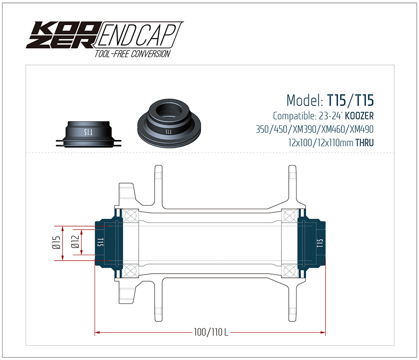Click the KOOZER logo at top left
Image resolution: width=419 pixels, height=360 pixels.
pos(61,35)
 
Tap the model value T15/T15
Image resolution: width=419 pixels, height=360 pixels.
pos(350,101)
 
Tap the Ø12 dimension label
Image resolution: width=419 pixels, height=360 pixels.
pos(75,243)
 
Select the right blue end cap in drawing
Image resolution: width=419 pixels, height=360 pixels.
pos(312,243)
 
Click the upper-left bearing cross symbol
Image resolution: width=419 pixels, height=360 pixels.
pos(131,216)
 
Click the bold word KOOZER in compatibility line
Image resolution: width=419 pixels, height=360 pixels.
pos(359,115)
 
